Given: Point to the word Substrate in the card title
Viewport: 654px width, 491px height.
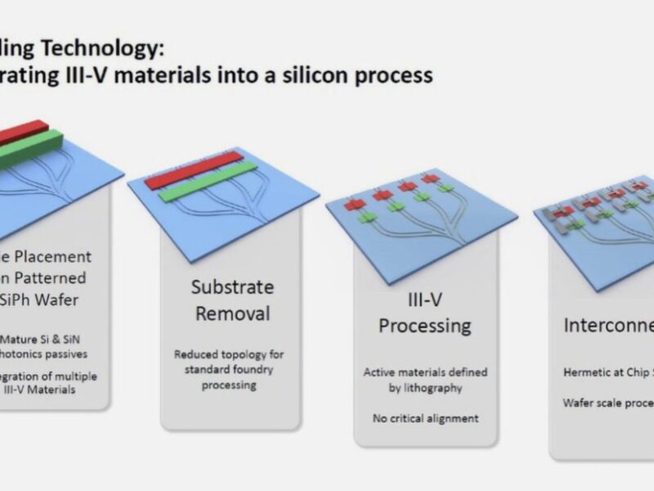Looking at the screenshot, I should (x=231, y=287).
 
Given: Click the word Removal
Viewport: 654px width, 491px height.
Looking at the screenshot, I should (x=231, y=313).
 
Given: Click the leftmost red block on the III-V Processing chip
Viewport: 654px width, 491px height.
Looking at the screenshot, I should (x=353, y=205).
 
